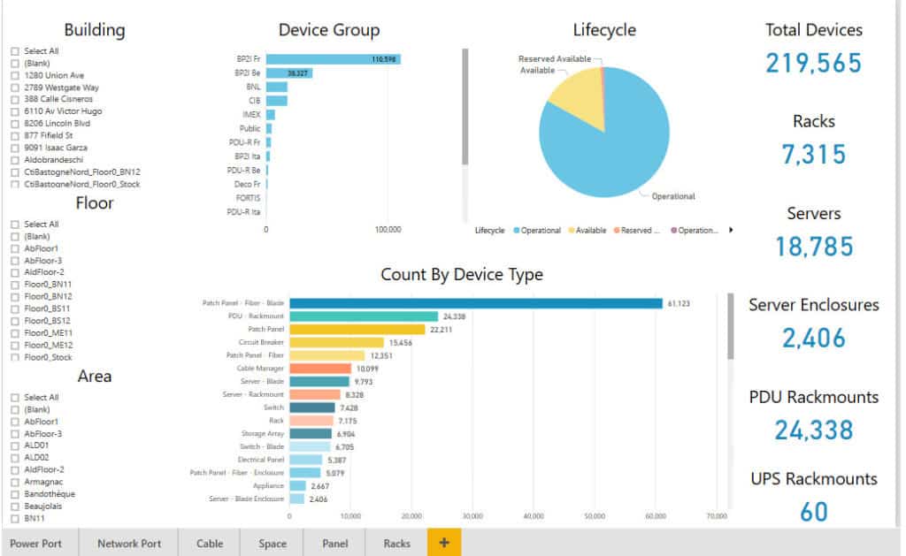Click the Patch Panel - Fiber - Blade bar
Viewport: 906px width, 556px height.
click(x=476, y=303)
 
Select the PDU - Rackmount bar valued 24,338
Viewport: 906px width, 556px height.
click(x=364, y=316)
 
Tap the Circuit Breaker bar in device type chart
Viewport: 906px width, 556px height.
click(x=337, y=342)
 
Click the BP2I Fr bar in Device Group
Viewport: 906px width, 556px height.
click(x=333, y=59)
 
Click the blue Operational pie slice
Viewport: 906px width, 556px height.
click(x=610, y=141)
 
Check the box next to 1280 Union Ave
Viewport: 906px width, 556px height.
click(x=14, y=75)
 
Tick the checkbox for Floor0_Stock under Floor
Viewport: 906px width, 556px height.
click(x=14, y=357)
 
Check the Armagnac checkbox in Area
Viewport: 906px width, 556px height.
click(x=14, y=482)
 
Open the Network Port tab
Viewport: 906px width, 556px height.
click(x=129, y=544)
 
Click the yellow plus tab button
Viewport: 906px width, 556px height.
click(x=443, y=543)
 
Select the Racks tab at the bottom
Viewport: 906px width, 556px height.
click(x=396, y=544)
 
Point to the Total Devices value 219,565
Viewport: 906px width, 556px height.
click(x=813, y=63)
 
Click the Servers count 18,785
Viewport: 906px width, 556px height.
click(x=814, y=246)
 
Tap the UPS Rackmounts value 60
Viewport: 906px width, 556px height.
click(x=814, y=511)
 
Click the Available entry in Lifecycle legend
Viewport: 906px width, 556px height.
click(x=590, y=231)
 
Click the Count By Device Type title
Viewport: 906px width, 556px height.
click(x=461, y=275)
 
